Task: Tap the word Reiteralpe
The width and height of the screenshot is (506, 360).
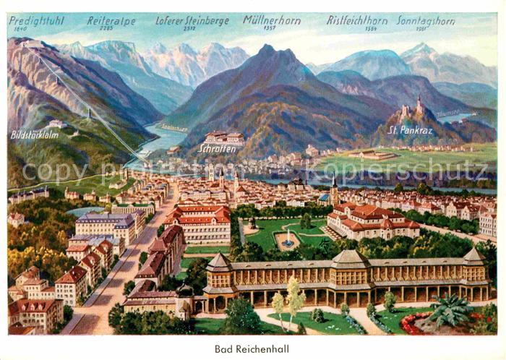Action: click(111, 21)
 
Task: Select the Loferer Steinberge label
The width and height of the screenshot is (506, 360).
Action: click(192, 20)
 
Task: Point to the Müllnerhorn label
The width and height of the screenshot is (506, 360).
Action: click(271, 20)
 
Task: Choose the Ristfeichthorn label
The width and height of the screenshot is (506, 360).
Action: click(356, 21)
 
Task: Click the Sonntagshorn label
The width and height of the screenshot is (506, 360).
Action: click(425, 21)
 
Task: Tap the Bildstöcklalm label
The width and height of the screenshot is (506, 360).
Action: click(35, 134)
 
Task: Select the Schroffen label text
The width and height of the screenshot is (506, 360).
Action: click(217, 147)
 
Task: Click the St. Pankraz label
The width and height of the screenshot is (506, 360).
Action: click(410, 130)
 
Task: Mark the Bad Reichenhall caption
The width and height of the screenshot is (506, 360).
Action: click(252, 348)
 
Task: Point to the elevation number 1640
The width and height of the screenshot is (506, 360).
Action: click(19, 30)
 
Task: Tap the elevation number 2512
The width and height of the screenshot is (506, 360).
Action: click(189, 29)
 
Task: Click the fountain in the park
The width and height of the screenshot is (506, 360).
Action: click(288, 240)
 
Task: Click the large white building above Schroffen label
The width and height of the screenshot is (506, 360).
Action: click(224, 137)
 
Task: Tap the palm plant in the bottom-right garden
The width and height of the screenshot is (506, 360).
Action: click(450, 309)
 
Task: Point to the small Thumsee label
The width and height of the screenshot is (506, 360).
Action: click(447, 113)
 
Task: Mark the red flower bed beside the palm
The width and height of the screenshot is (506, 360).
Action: click(410, 323)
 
